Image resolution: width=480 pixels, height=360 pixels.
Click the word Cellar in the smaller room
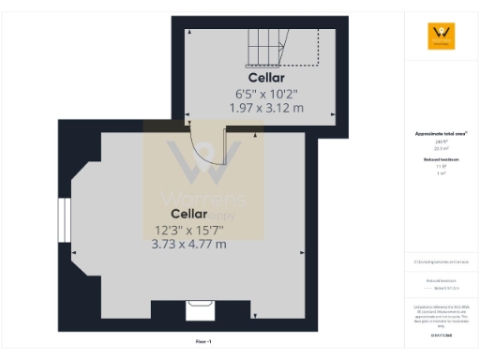[266, 78]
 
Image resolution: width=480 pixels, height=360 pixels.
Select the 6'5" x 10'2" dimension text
[266, 94]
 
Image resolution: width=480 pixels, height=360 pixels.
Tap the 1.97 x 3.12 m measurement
[266, 108]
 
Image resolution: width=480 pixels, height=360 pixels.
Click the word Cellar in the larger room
[188, 214]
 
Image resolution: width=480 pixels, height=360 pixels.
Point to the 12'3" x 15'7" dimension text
[188, 230]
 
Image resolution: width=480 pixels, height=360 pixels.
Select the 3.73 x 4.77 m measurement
[188, 245]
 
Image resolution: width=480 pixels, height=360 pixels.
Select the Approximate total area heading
[441, 134]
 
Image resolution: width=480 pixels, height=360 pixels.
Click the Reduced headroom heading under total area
[441, 160]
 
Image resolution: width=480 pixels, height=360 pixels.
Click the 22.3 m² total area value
[441, 148]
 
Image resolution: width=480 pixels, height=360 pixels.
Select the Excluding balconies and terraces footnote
[441, 262]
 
